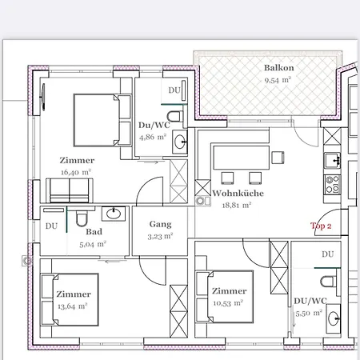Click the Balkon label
click(279, 68)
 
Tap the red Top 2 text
click(321, 226)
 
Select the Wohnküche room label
click(238, 193)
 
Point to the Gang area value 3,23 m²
click(160, 236)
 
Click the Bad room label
click(94, 231)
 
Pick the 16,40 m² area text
click(76, 172)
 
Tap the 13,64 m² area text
click(73, 306)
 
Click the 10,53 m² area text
click(228, 303)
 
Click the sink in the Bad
click(114, 214)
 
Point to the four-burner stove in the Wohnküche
click(332, 185)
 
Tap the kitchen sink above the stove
click(332, 161)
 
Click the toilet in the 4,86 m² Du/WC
click(175, 117)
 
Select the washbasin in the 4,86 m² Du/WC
click(180, 142)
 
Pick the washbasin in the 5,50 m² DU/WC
click(334, 318)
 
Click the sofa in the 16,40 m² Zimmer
click(70, 190)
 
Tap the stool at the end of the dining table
click(278, 158)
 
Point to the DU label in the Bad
click(51, 226)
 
